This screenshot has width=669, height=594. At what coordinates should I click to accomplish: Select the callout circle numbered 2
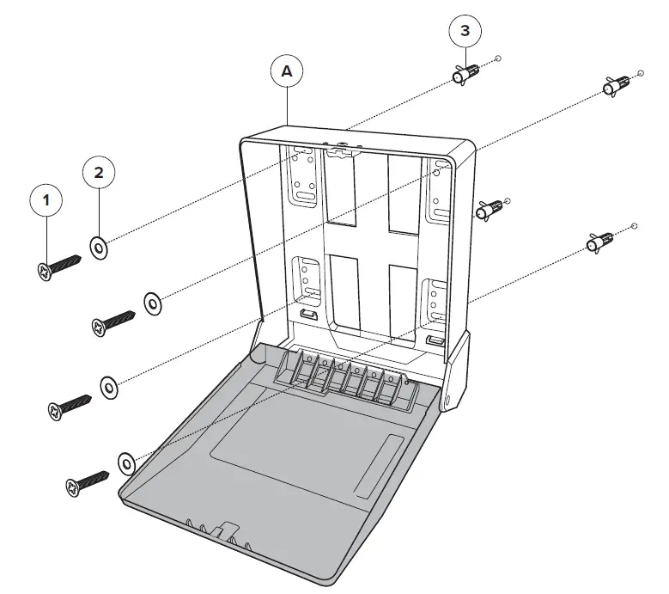click(99, 173)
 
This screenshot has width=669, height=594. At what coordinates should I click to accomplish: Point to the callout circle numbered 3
click(465, 31)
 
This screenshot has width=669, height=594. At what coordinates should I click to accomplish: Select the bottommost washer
click(125, 464)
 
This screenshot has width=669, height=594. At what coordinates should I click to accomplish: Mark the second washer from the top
click(153, 303)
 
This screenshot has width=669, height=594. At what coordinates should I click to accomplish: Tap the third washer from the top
click(110, 386)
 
